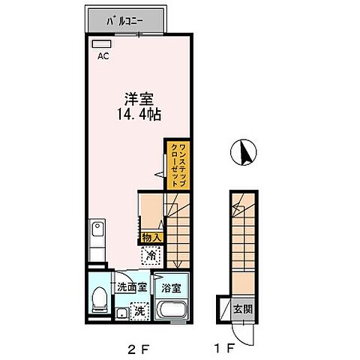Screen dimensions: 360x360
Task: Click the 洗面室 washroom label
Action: tap(130, 286)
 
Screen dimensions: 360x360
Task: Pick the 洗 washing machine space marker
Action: tap(139, 308)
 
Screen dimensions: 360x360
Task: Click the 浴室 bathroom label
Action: tap(170, 286)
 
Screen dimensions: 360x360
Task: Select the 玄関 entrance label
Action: tap(245, 307)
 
